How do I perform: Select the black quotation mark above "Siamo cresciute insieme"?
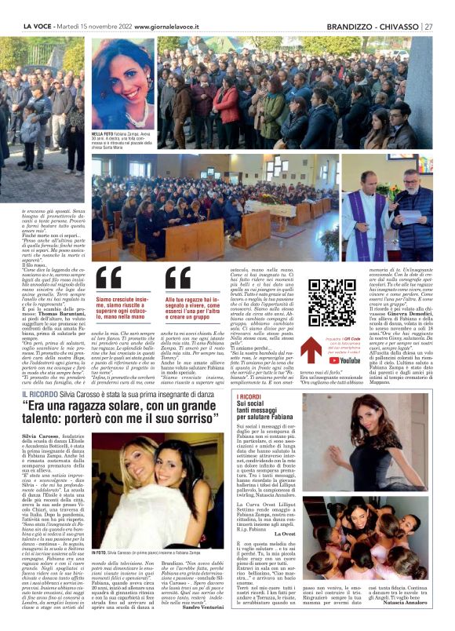109,279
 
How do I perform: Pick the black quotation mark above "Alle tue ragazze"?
177,279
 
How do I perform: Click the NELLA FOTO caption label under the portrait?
101,135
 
